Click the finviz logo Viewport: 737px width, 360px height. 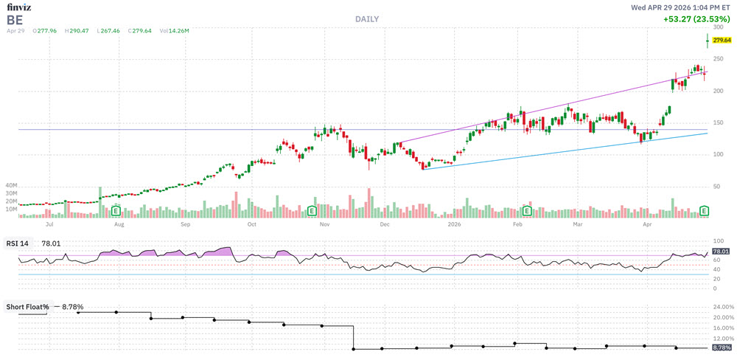coord(19,7)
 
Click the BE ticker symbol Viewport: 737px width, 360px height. coord(15,19)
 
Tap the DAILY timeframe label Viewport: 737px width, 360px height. coord(366,19)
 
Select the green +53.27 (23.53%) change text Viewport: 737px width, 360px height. coord(696,20)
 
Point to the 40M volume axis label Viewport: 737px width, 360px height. coord(10,185)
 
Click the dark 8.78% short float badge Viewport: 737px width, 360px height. coord(722,347)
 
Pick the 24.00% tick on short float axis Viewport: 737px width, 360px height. coord(723,307)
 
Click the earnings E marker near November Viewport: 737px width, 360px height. coord(312,211)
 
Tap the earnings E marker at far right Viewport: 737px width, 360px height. coord(705,211)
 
